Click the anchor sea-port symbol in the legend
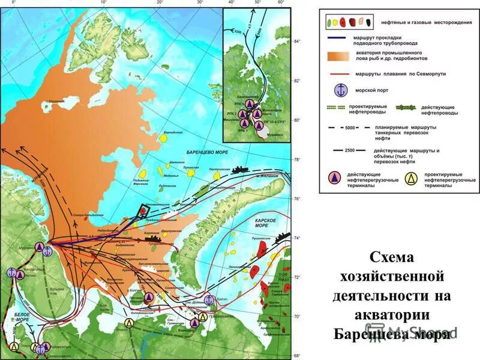[x=340, y=91]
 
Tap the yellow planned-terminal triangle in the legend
[x=411, y=178]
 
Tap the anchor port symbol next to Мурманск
[x=47, y=251]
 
